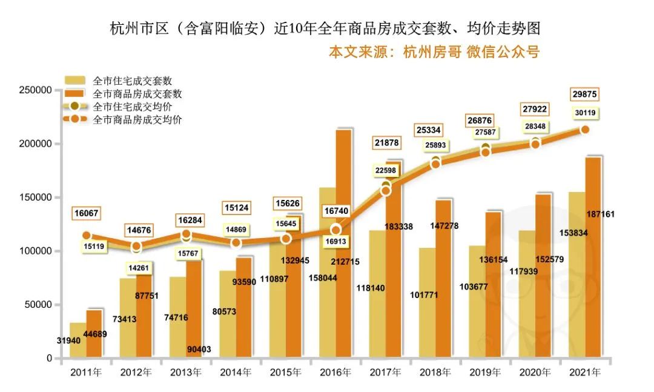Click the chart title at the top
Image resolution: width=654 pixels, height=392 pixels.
(325, 28)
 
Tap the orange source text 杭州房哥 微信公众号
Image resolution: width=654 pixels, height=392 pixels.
(434, 51)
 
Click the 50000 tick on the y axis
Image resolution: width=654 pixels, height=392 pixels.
(38, 305)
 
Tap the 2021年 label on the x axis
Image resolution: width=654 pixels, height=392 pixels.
(585, 372)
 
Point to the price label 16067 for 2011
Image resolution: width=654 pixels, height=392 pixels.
(87, 214)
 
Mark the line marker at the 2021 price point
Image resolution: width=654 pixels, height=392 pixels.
(585, 130)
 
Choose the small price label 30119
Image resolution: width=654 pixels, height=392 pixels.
(585, 112)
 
